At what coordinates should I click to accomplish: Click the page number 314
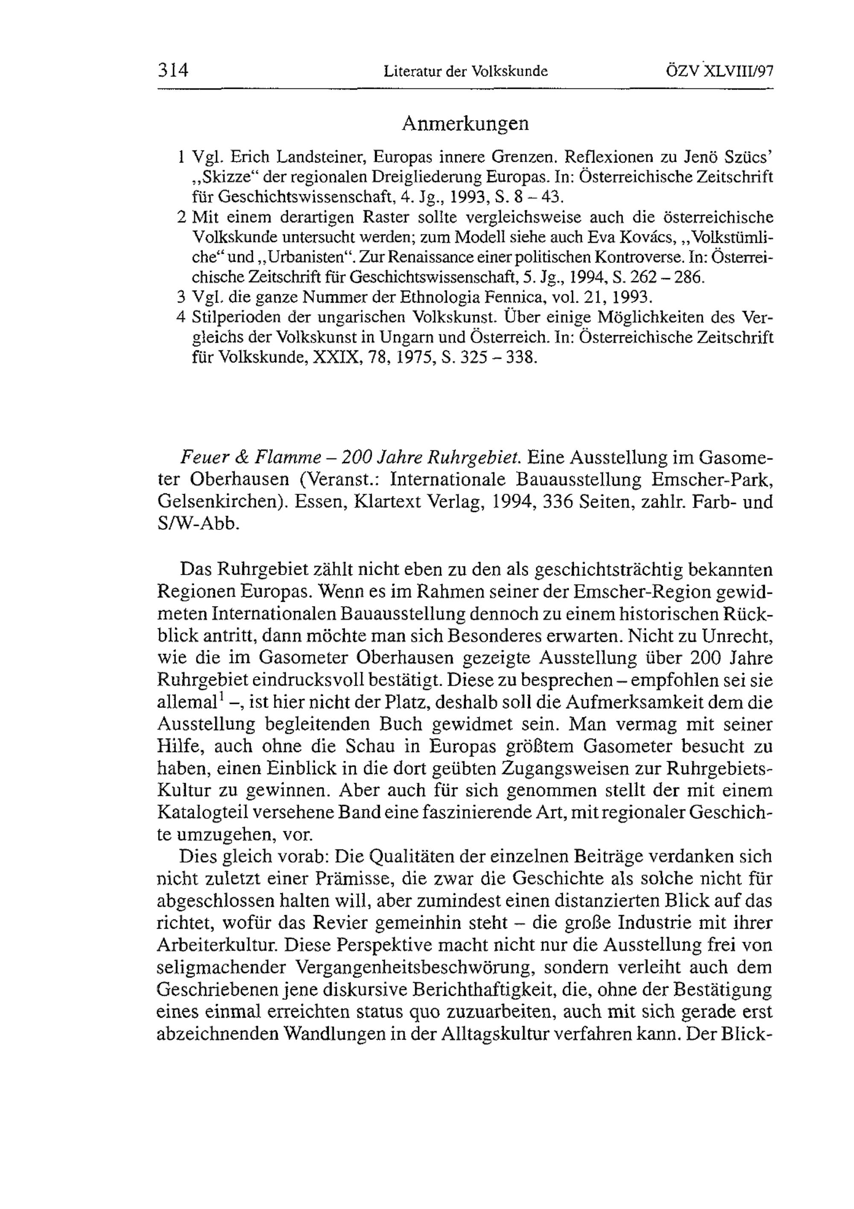click(x=173, y=70)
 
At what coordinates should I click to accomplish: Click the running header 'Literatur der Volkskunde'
click(x=466, y=71)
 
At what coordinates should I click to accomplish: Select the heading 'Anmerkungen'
click(x=465, y=124)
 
